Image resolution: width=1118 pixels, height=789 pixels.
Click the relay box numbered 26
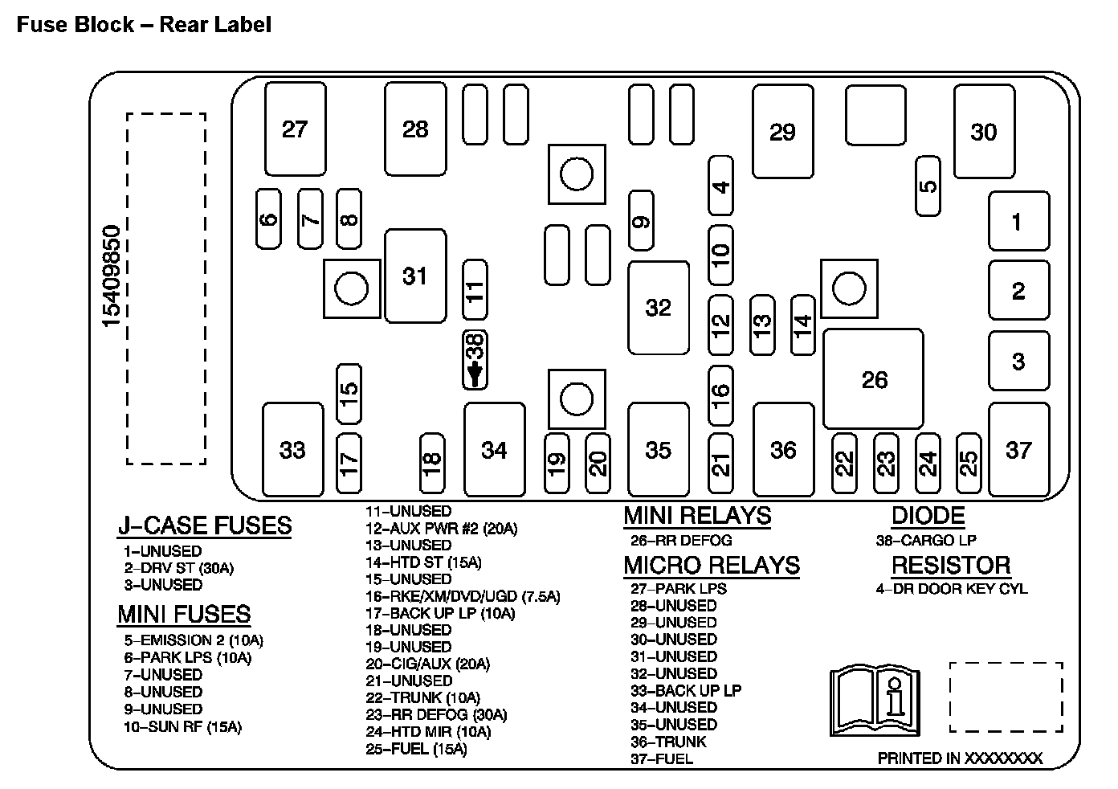(x=874, y=378)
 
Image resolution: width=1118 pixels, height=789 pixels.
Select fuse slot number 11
(x=475, y=291)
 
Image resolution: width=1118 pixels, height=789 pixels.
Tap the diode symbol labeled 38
(x=475, y=360)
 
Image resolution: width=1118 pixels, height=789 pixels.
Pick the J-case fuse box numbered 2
(x=1018, y=290)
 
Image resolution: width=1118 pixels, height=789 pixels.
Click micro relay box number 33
(x=292, y=449)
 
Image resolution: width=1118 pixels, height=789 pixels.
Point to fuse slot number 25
(x=969, y=464)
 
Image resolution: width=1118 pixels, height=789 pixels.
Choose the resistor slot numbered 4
(x=721, y=186)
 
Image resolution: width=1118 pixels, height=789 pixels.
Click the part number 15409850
(x=112, y=276)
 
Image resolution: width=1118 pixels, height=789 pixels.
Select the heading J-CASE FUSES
(x=205, y=525)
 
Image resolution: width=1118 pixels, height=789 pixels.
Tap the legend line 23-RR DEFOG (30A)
(x=436, y=715)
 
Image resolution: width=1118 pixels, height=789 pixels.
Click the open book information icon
(x=874, y=701)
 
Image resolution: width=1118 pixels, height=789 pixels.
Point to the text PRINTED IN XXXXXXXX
(x=960, y=758)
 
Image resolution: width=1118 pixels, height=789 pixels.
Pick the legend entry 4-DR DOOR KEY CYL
(x=951, y=588)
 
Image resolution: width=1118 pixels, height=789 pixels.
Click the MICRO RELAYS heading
(x=712, y=565)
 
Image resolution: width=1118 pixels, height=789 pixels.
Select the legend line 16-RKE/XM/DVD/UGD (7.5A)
(x=463, y=596)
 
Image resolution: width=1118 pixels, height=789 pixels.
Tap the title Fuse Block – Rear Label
(x=145, y=25)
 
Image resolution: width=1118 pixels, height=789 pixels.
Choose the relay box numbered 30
(x=984, y=132)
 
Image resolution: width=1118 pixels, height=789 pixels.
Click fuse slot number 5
(x=928, y=186)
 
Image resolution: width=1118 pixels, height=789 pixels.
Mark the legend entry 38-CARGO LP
(x=926, y=541)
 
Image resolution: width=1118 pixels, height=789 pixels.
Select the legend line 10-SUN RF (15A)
(x=182, y=727)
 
